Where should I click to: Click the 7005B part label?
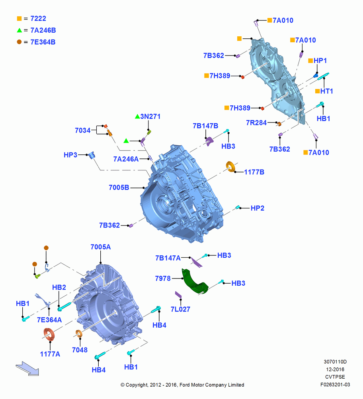click(119, 188)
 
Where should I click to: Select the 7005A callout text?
click(101, 247)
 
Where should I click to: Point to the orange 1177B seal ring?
click(231, 166)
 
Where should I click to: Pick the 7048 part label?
click(80, 350)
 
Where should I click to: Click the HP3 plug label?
click(70, 155)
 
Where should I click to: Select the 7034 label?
click(82, 130)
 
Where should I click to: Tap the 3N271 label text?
click(150, 116)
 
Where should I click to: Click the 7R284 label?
click(256, 122)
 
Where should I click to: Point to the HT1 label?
click(326, 91)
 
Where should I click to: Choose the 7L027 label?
click(180, 309)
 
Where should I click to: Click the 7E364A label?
click(49, 320)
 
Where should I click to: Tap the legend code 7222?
click(38, 18)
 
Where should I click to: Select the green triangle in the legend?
click(20, 30)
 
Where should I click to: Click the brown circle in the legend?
click(19, 42)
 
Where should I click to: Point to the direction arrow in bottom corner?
click(27, 368)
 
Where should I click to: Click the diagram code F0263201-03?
click(335, 385)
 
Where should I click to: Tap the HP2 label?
click(258, 208)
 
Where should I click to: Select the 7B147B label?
click(205, 126)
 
